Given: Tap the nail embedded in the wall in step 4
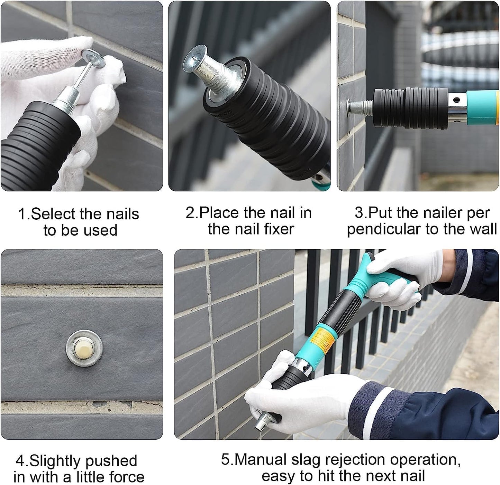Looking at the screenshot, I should point(84,348).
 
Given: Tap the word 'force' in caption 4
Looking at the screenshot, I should point(127,477).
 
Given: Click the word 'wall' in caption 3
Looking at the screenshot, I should point(484,229).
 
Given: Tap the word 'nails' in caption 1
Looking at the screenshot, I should point(122,214).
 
